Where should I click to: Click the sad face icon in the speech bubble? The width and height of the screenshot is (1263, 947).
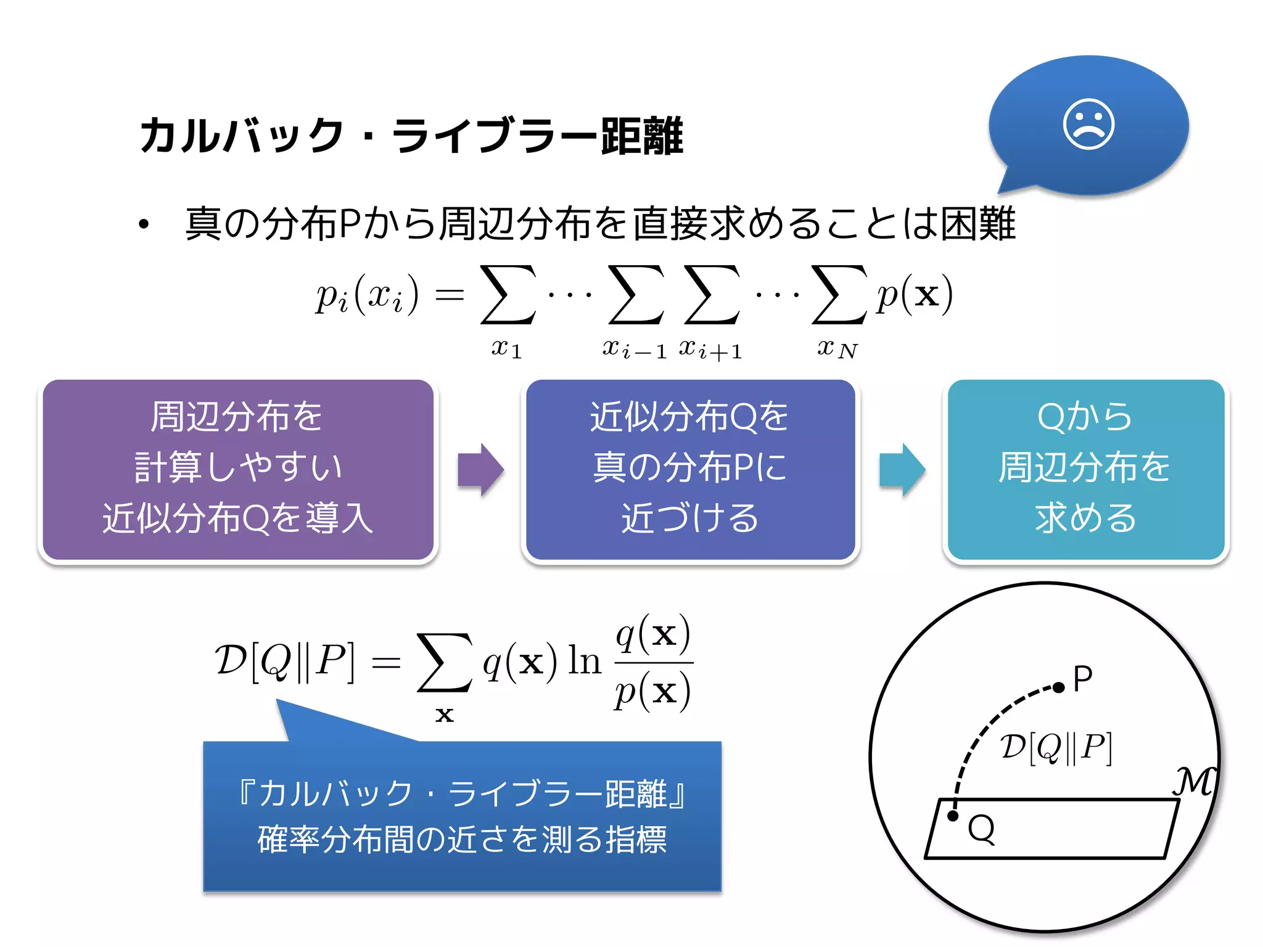pos(1088,124)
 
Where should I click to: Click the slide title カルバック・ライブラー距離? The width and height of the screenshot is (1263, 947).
pos(412,136)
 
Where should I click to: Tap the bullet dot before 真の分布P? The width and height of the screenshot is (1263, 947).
pos(144,224)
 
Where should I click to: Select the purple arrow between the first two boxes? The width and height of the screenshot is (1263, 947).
pos(480,470)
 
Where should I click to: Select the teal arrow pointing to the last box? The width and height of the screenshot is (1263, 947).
pos(902,470)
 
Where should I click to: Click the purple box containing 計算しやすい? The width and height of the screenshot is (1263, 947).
pos(238,470)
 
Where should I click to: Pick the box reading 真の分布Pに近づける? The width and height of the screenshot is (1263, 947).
pos(690,470)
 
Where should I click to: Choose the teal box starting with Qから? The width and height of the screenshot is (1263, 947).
pos(1085,470)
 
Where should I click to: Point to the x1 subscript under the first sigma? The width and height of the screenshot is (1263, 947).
pos(506,348)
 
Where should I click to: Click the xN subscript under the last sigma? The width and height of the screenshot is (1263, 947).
pos(837,348)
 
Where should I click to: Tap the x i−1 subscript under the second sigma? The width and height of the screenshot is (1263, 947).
pos(634,349)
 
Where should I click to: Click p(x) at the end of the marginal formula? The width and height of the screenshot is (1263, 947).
pos(915,295)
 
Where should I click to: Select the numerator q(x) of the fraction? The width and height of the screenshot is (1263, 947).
pos(653,634)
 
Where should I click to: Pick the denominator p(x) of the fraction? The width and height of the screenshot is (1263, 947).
pos(652,692)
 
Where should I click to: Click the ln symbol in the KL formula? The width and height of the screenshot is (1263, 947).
pos(584,661)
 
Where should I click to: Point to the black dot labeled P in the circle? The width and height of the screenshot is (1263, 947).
pos(1058,687)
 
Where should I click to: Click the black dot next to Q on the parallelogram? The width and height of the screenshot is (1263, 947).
pos(953,816)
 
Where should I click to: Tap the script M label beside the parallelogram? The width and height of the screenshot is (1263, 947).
pos(1193,782)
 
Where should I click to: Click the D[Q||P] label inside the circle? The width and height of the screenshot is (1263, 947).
pos(1056,747)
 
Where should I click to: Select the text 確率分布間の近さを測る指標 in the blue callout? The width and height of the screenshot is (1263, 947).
pos(462,839)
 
